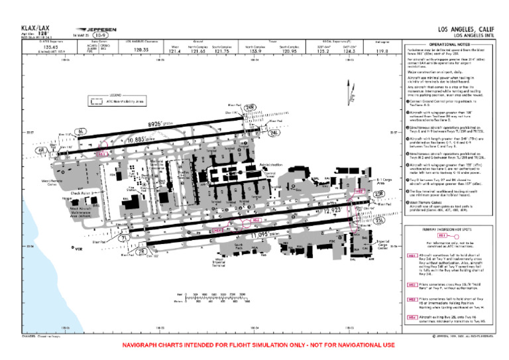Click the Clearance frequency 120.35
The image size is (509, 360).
141,49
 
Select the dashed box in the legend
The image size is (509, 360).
97,102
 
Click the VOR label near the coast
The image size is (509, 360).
79,249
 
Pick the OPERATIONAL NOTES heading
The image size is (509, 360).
450,44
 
